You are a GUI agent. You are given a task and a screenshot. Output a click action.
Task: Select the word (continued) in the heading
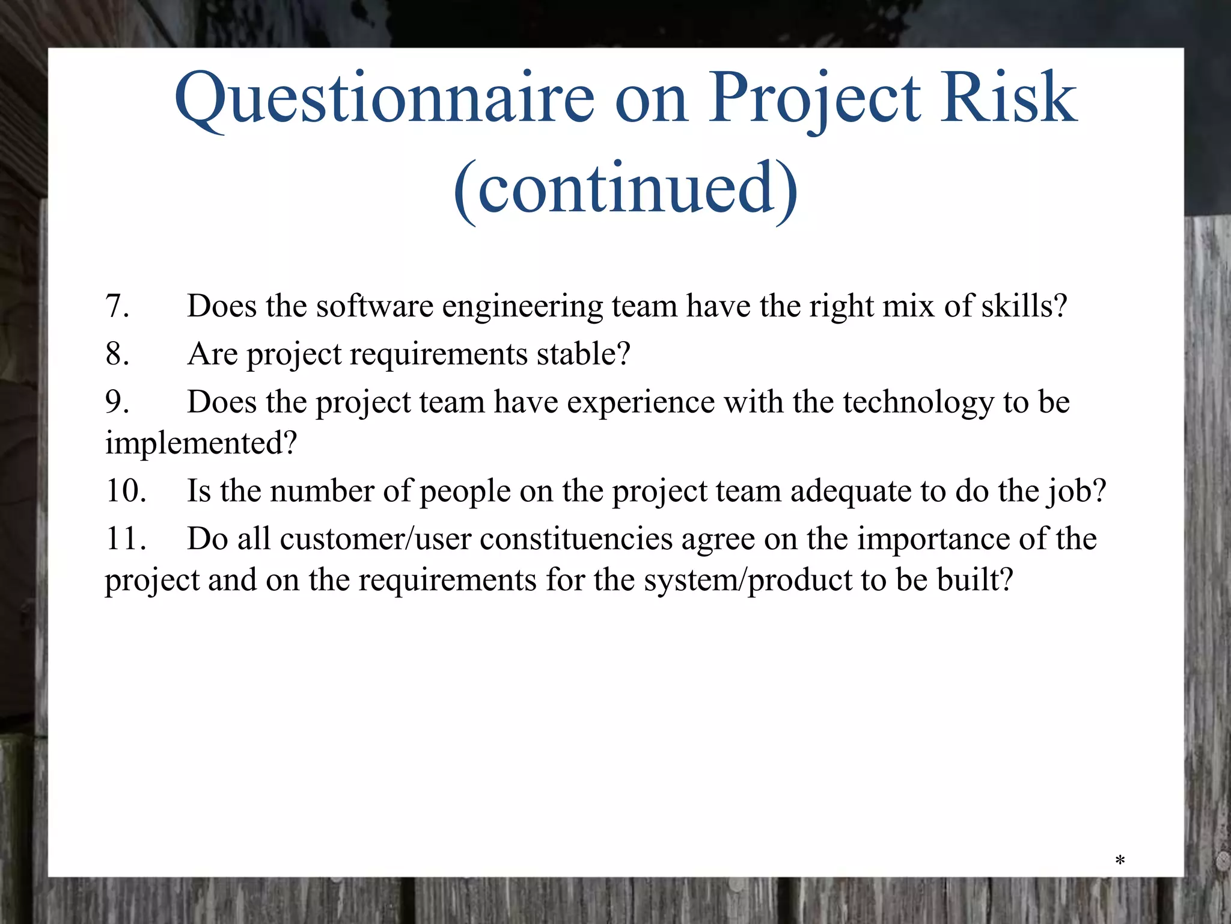[625, 189]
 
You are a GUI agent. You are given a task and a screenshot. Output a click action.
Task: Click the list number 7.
[117, 306]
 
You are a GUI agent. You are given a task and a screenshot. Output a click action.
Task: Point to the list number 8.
[117, 354]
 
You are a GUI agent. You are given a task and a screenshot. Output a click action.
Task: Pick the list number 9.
[117, 402]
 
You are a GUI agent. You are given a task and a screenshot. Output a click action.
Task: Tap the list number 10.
[126, 491]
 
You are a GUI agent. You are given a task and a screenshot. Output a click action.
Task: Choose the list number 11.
[126, 538]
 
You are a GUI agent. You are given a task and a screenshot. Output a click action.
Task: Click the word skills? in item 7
[1024, 306]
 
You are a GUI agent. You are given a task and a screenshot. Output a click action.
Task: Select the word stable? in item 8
[583, 354]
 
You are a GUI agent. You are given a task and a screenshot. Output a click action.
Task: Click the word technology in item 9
[918, 403]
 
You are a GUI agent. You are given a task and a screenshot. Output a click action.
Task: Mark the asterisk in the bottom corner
[1120, 861]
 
